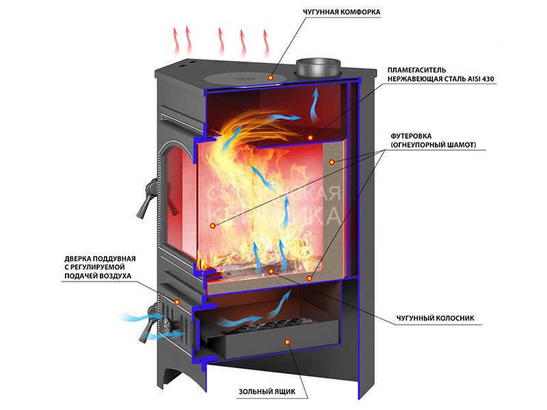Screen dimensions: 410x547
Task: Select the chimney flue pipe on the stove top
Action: tap(319, 68)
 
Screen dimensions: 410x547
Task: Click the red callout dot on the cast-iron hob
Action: tap(271, 78)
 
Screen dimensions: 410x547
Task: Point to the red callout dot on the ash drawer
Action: tap(287, 340)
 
